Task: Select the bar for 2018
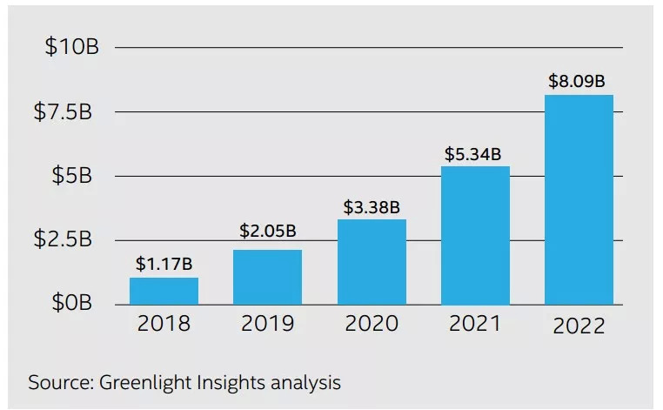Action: (x=164, y=291)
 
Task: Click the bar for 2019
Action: (x=267, y=277)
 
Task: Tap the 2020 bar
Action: (x=372, y=261)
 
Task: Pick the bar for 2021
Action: (x=475, y=235)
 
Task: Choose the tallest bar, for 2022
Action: (x=579, y=199)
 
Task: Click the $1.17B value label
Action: (x=164, y=262)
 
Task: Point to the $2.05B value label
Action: (x=267, y=232)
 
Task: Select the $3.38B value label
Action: (x=371, y=206)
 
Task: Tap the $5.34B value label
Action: (x=474, y=154)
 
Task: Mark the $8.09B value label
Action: (x=578, y=82)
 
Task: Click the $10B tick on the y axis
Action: (x=72, y=47)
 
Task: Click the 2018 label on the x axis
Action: (x=164, y=325)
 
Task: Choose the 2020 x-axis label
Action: (x=372, y=325)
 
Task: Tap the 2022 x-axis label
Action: (x=579, y=326)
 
